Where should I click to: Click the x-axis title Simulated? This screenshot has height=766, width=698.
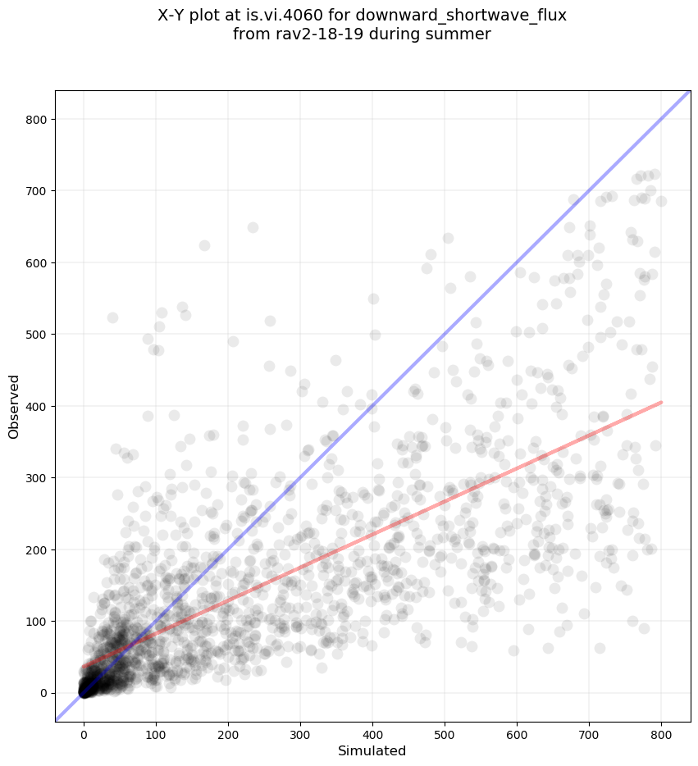(x=372, y=750)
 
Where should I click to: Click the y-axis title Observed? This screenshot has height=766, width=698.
(x=15, y=406)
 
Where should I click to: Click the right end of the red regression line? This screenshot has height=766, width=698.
(x=661, y=402)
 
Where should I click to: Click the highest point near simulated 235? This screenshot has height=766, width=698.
(x=253, y=227)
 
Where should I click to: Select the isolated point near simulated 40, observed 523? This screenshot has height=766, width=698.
(x=112, y=317)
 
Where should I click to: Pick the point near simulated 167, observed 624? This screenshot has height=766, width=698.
(x=204, y=245)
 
